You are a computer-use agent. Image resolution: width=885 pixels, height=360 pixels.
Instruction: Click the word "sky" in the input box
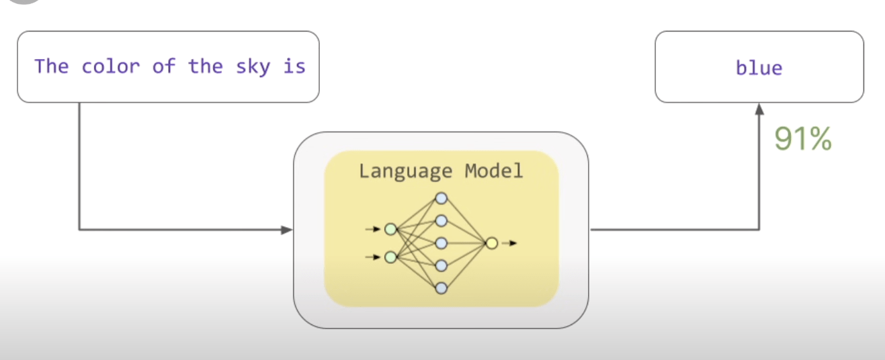point(254,67)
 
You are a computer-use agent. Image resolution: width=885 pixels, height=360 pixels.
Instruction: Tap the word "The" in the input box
point(52,66)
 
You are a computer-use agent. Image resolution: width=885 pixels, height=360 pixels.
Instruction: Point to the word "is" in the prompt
point(294,66)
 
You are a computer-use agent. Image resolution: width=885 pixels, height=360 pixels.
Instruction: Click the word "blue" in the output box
point(759,68)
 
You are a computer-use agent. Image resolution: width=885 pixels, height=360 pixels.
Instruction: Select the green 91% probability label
point(803,139)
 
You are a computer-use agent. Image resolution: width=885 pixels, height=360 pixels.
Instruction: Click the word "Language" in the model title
point(405,171)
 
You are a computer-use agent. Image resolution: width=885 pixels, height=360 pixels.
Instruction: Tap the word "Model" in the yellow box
point(493,171)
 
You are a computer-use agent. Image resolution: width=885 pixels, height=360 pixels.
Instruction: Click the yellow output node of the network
point(491,243)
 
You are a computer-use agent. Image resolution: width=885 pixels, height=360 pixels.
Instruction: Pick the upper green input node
point(390,230)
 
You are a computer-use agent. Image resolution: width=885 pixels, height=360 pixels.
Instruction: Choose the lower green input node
point(390,257)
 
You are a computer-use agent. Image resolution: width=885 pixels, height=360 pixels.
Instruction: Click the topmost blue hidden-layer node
point(441,198)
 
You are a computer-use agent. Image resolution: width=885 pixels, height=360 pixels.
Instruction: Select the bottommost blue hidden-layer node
point(441,288)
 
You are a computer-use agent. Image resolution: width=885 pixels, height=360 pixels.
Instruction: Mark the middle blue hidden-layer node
point(441,243)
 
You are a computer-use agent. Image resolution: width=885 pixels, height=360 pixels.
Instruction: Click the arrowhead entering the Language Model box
point(288,230)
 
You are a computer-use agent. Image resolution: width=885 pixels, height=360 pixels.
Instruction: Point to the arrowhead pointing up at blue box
point(759,108)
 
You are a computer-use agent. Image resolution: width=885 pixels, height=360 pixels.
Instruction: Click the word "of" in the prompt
point(163,66)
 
